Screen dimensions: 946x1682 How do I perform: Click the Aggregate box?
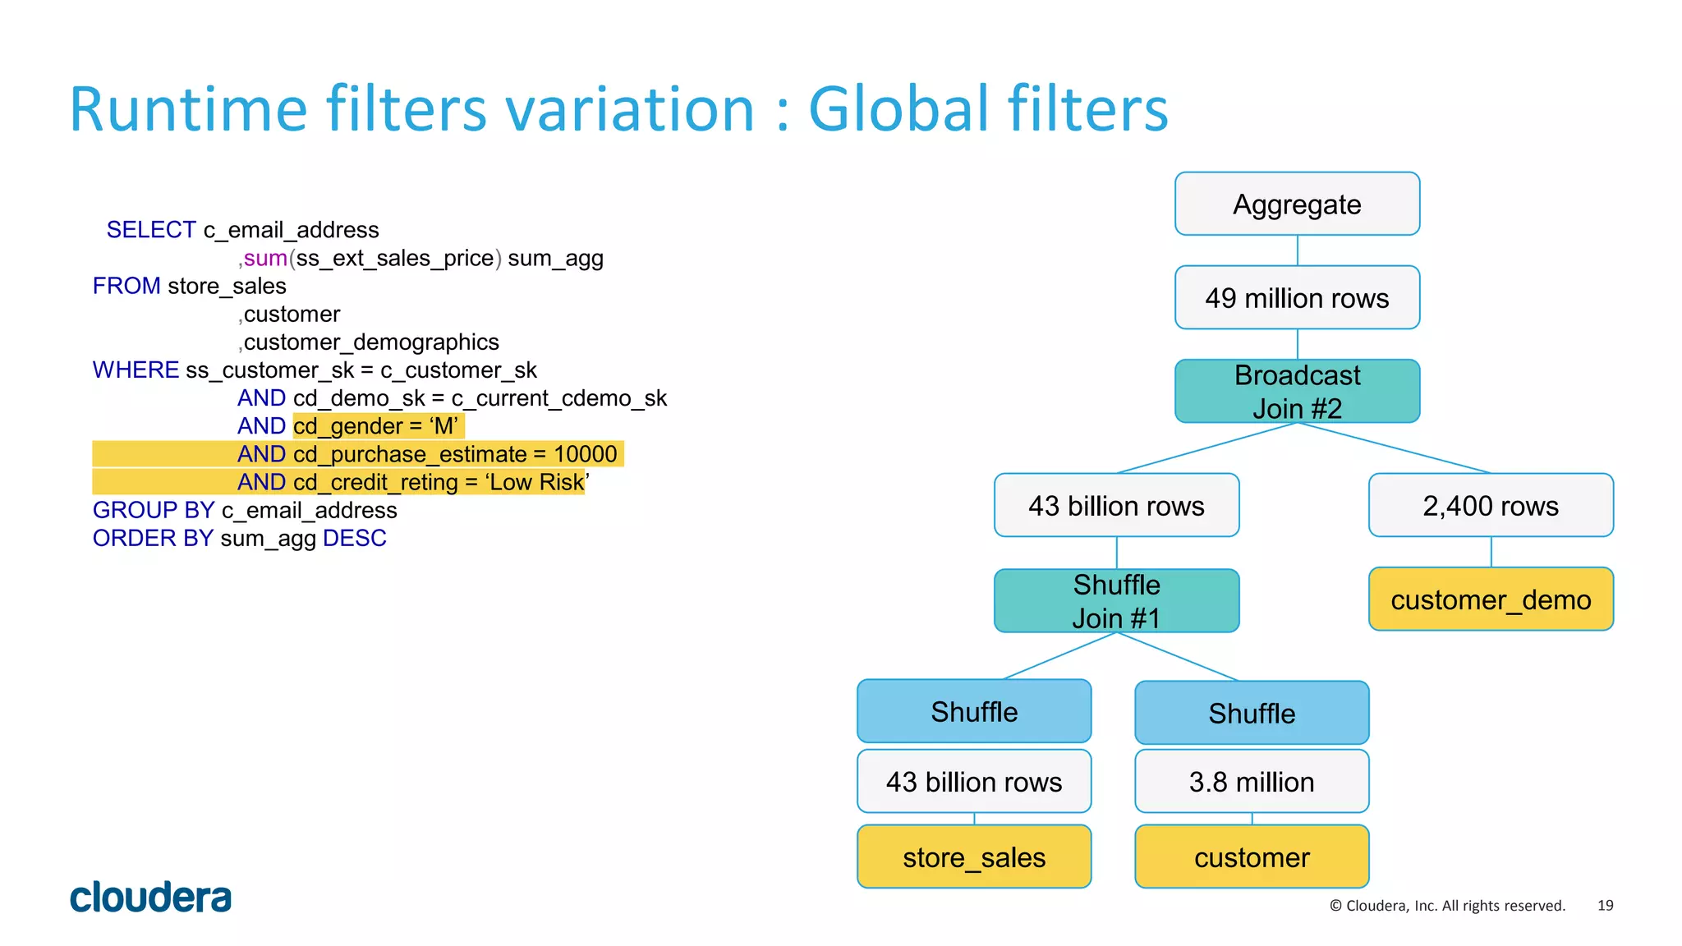[x=1297, y=204]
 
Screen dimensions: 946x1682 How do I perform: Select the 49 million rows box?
[x=1297, y=297]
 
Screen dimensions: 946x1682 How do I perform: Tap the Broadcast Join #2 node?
[x=1297, y=391]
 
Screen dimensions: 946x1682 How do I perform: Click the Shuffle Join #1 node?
[x=1116, y=600]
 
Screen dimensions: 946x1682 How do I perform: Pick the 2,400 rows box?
[x=1491, y=505]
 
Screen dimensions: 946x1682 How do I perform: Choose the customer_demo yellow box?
[x=1491, y=599]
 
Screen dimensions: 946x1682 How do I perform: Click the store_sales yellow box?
[x=974, y=856]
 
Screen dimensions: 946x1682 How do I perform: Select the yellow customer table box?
[x=1252, y=856]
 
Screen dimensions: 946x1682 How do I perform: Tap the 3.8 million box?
[x=1252, y=781]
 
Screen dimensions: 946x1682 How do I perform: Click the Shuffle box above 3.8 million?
[x=1252, y=713]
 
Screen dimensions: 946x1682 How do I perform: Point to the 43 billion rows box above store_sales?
[x=974, y=781]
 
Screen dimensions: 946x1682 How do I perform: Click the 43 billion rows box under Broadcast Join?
[x=1116, y=505]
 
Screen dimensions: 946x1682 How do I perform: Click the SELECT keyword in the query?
[x=151, y=230]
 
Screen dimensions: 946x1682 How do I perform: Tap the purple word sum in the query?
[x=265, y=258]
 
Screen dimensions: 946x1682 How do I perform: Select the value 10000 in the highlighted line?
[x=585, y=454]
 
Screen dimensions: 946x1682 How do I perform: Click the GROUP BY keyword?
[x=154, y=510]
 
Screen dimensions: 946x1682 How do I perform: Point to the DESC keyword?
[x=354, y=538]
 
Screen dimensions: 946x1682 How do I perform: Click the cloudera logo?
[x=150, y=898]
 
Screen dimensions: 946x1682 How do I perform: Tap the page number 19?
[x=1605, y=905]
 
